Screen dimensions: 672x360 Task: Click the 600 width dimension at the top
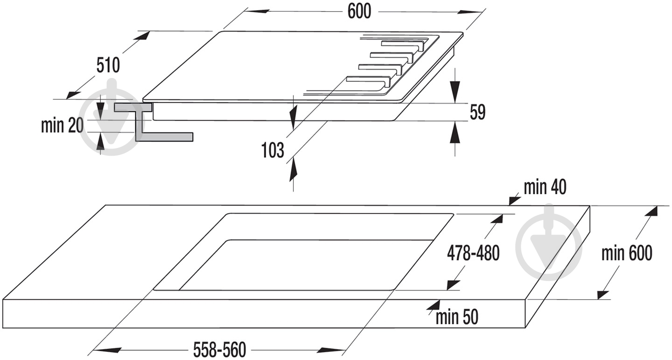tap(359, 11)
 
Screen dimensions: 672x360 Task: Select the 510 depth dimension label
tap(108, 65)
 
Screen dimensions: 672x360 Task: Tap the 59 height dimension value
tap(477, 112)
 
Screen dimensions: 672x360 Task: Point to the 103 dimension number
tap(273, 150)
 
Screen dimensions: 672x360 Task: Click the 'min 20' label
tap(62, 125)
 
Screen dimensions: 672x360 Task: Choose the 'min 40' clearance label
tap(545, 187)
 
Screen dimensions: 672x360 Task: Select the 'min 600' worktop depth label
tap(627, 253)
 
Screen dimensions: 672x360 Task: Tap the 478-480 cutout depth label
tap(473, 253)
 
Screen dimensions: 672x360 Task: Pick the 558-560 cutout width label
tap(220, 349)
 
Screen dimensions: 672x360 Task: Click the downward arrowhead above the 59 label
tap(455, 92)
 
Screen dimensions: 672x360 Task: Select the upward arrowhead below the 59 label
tap(455, 132)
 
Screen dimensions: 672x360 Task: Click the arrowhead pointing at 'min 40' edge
tap(515, 200)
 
